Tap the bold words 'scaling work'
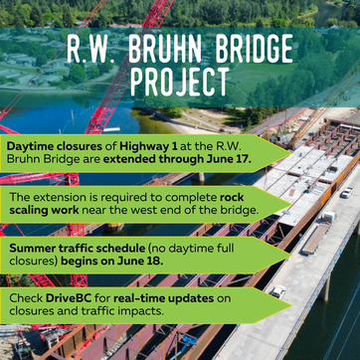pyautogui.click(x=44, y=210)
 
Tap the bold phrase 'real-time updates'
pyautogui.click(x=163, y=298)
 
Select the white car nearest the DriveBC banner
pyautogui.click(x=277, y=291)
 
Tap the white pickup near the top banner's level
pyautogui.click(x=347, y=193)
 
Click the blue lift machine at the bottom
pyautogui.click(x=189, y=341)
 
